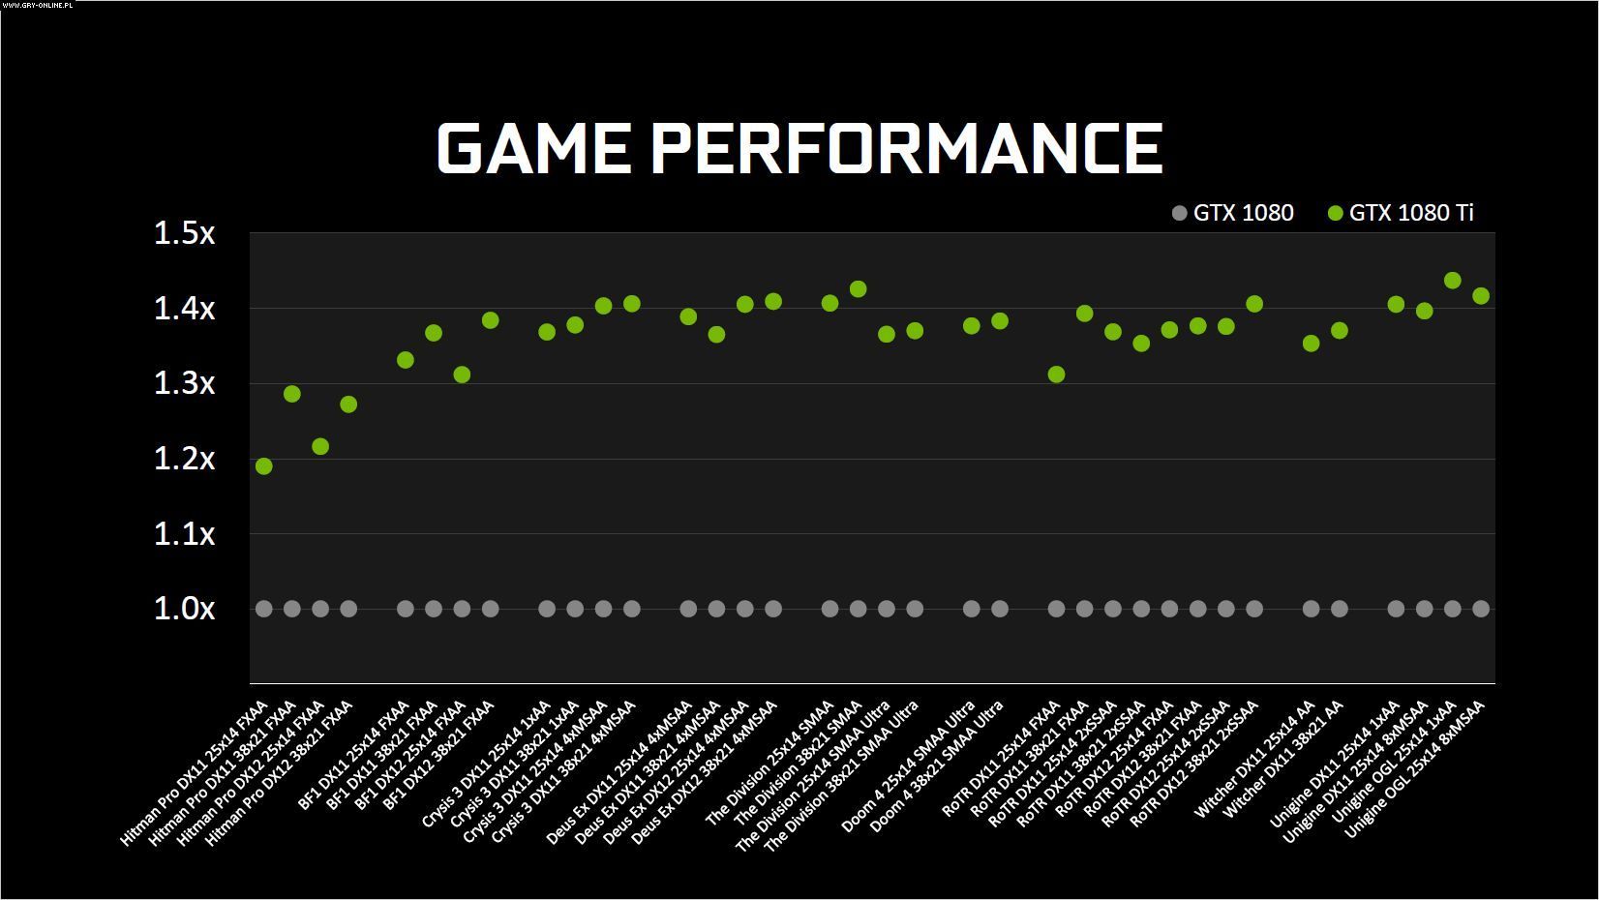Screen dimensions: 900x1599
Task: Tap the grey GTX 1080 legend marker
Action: pyautogui.click(x=1179, y=213)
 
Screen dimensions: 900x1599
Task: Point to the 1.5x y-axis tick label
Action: pyautogui.click(x=184, y=233)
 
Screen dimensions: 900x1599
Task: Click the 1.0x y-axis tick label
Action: pyautogui.click(x=184, y=609)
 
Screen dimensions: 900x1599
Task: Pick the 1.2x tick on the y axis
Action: pyautogui.click(x=184, y=459)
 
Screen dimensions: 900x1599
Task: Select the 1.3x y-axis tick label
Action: pyautogui.click(x=184, y=383)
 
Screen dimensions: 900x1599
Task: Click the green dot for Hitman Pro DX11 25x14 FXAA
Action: pyautogui.click(x=263, y=466)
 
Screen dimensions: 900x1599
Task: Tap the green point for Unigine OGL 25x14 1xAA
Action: pyautogui.click(x=1452, y=281)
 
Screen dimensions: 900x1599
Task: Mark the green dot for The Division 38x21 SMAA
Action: pyautogui.click(x=858, y=289)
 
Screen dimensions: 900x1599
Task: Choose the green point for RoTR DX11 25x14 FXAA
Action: pyautogui.click(x=1056, y=375)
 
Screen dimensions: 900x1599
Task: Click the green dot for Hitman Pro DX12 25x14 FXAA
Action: pyautogui.click(x=320, y=446)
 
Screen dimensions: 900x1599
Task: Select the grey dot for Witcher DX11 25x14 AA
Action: pyautogui.click(x=1311, y=609)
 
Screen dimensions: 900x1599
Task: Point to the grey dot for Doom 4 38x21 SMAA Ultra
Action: pyautogui.click(x=1000, y=609)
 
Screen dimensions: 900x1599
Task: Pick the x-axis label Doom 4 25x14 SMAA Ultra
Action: pyautogui.click(x=908, y=766)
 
